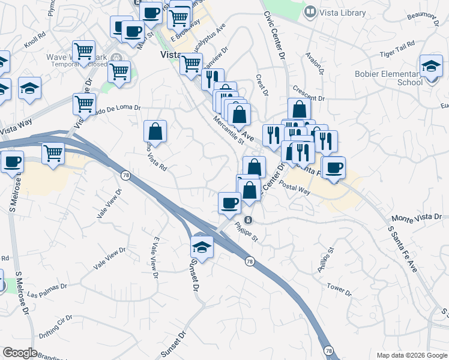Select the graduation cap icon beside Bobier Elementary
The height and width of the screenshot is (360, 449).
[x=431, y=67]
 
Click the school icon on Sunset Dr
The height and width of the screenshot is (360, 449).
[x=202, y=247]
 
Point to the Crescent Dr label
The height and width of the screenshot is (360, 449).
[x=309, y=93]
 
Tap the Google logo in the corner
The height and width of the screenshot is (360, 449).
[x=20, y=353]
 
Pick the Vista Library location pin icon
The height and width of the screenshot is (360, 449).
[x=310, y=11]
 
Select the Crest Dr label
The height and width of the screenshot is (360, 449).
[x=261, y=85]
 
